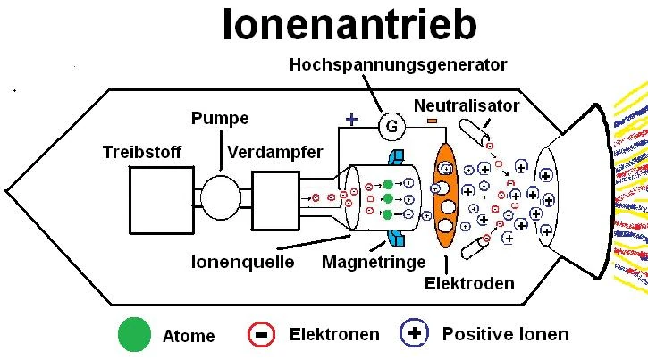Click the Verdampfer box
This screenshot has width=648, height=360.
274,195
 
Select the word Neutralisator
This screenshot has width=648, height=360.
466,105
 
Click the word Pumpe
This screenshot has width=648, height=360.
219,119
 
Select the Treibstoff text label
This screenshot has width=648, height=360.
141,152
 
